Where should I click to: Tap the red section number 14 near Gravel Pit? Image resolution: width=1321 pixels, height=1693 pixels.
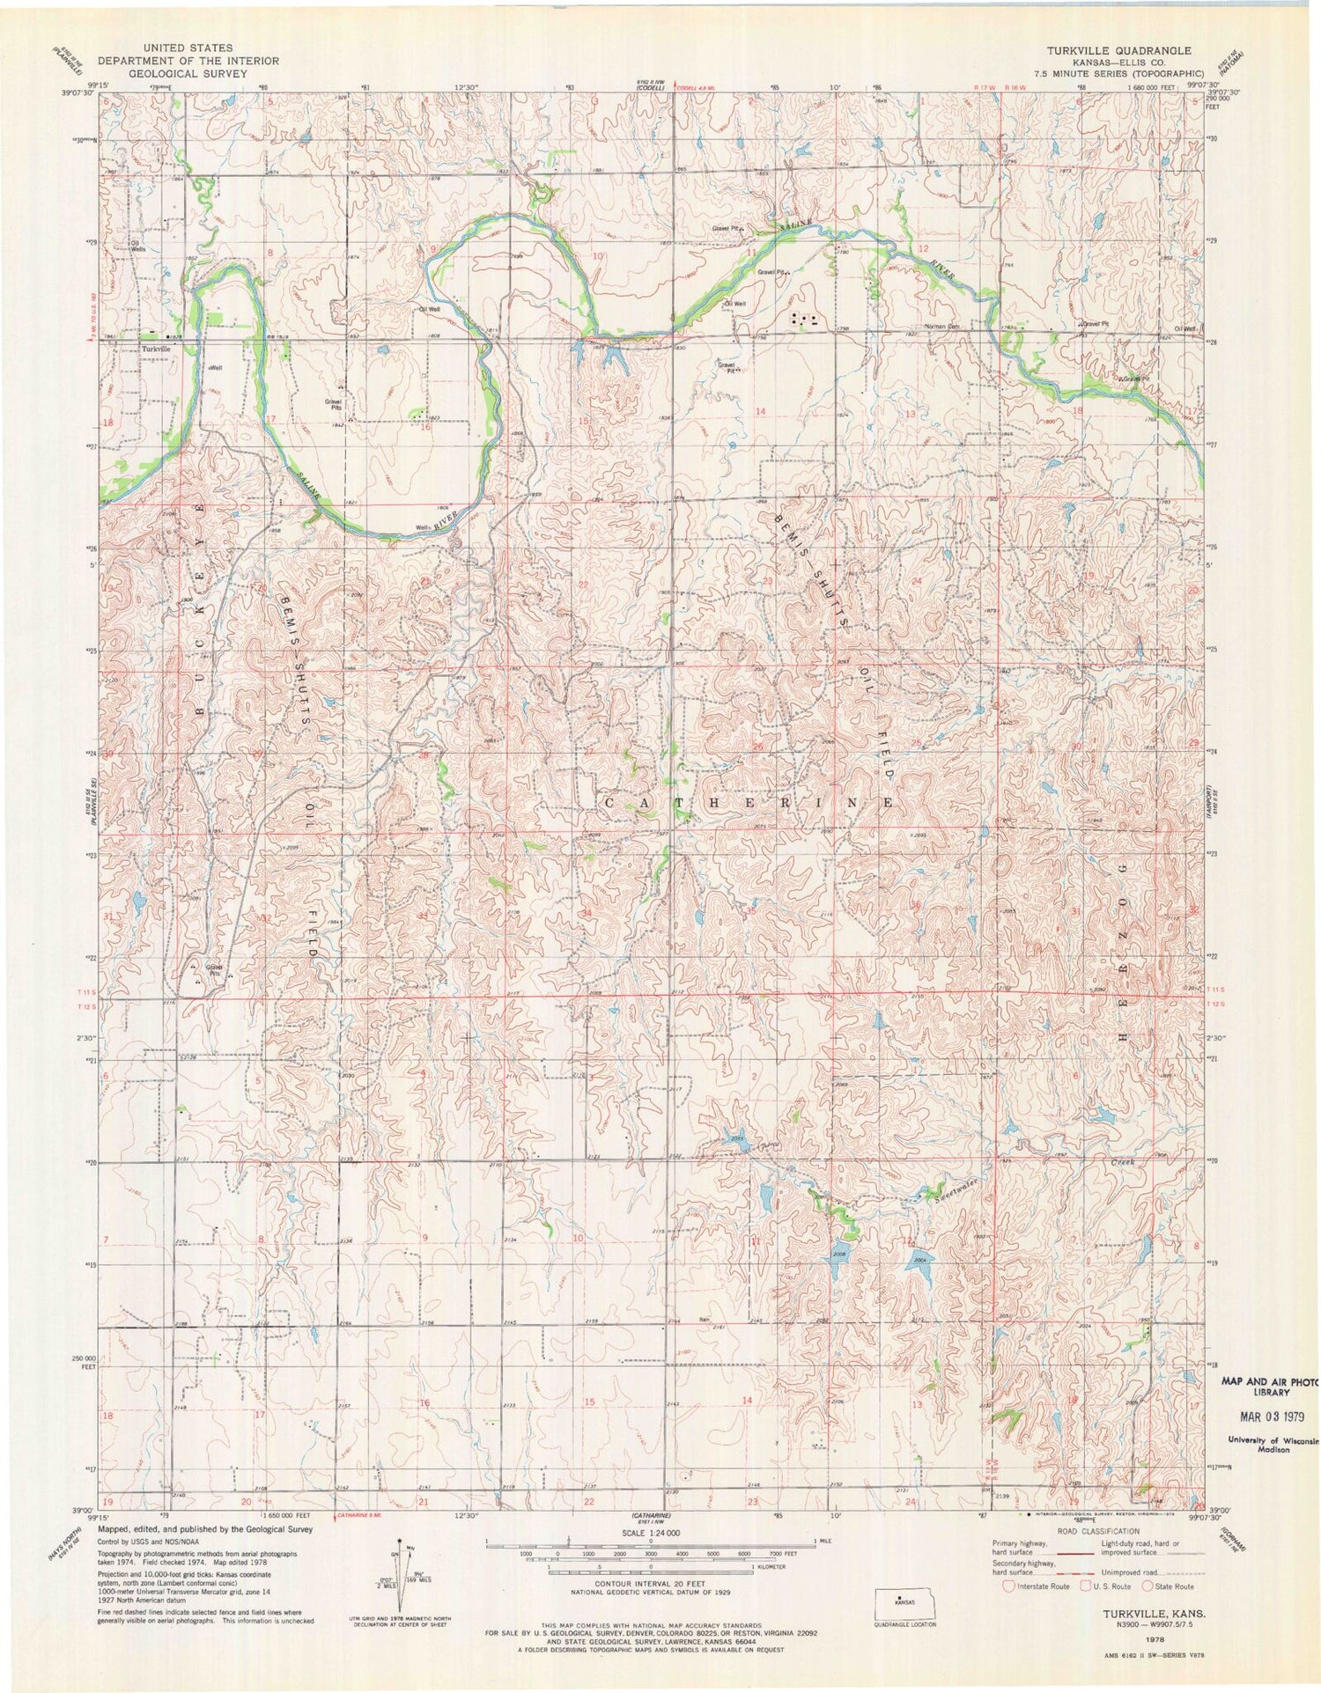[x=759, y=411]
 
